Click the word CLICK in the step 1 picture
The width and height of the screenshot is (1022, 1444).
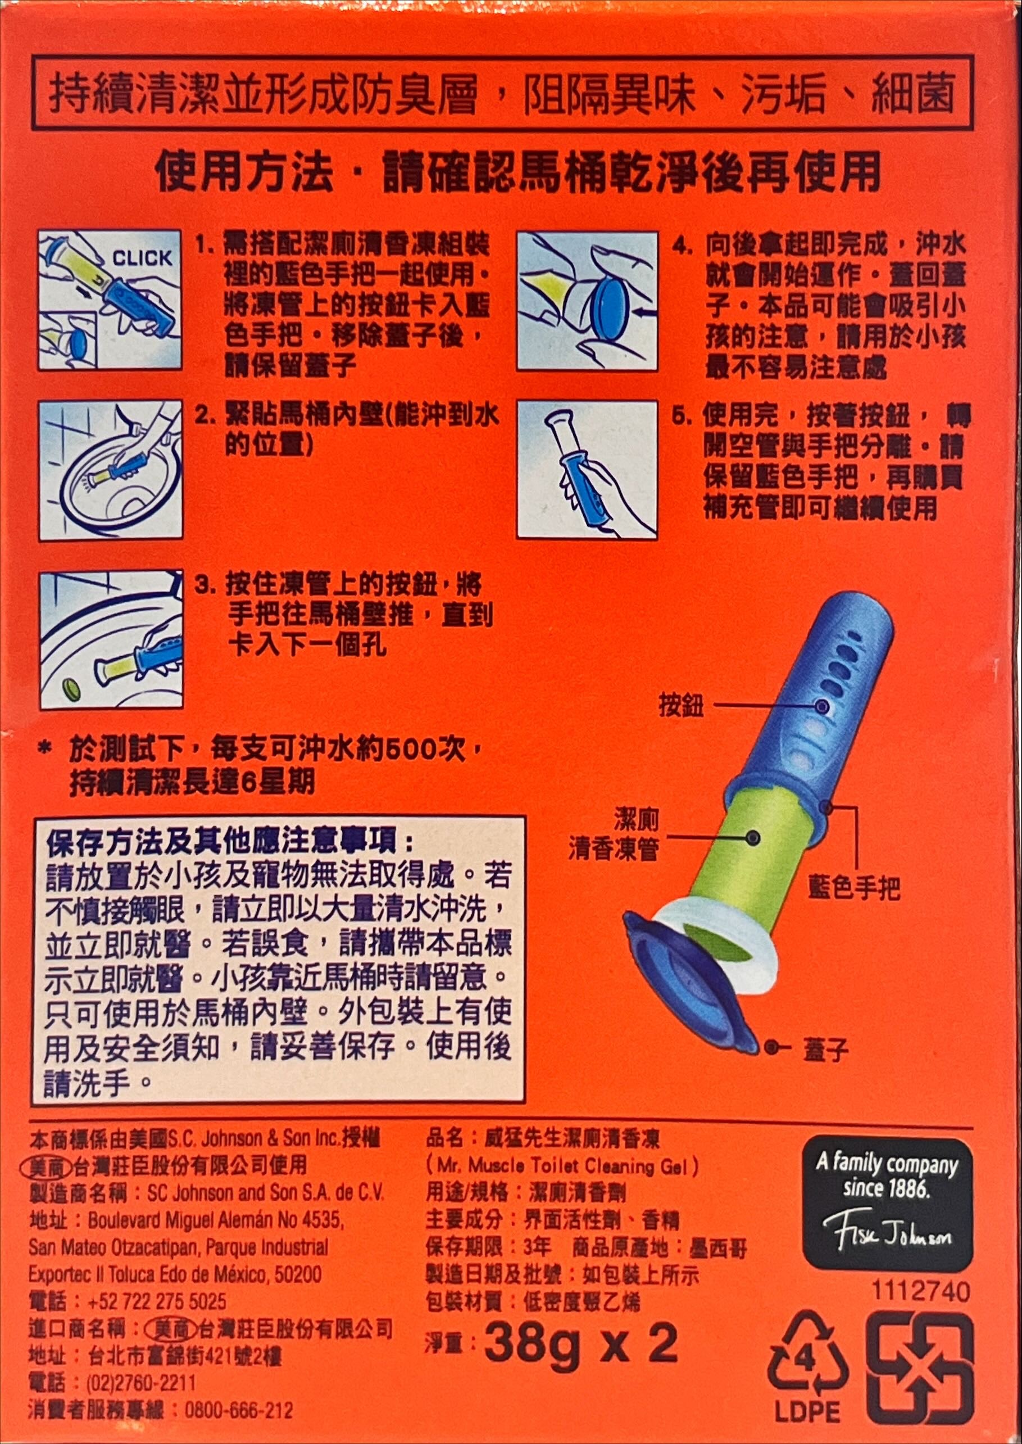[x=142, y=258]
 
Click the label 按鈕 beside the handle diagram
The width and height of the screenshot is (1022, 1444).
[x=681, y=706]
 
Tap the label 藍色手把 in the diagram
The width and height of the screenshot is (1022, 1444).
[x=855, y=888]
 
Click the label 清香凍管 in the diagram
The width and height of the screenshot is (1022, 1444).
[x=614, y=850]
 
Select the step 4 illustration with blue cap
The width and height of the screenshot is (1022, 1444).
[x=587, y=301]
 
